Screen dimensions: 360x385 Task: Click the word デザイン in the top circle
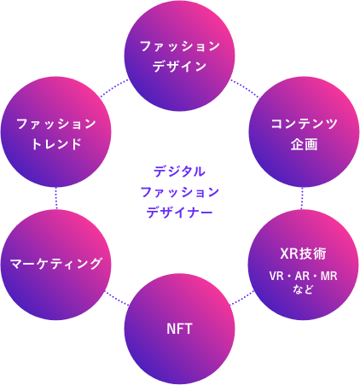click(x=179, y=67)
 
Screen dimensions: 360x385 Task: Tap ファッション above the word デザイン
click(x=180, y=46)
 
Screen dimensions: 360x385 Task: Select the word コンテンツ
click(x=304, y=124)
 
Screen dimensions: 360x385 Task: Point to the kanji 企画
click(x=304, y=144)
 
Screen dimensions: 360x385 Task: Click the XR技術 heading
click(x=304, y=254)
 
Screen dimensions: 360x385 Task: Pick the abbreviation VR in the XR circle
click(x=276, y=276)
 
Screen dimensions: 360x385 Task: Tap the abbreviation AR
click(x=303, y=276)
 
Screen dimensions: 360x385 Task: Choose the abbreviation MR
click(x=329, y=276)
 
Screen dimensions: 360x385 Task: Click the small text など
click(x=303, y=289)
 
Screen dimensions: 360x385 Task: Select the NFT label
click(x=179, y=329)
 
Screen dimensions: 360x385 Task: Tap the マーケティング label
click(x=56, y=264)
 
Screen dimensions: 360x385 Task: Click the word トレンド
click(x=56, y=144)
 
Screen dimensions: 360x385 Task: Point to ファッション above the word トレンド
click(x=56, y=124)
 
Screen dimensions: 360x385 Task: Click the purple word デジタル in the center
click(x=179, y=172)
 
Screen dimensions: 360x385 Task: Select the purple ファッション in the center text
click(x=180, y=192)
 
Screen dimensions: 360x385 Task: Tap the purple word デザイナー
click(x=179, y=213)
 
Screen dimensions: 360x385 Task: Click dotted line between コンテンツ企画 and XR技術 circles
click(x=302, y=198)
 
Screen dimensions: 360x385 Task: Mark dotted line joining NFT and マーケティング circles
click(x=117, y=298)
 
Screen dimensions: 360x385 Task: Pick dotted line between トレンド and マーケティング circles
click(x=56, y=198)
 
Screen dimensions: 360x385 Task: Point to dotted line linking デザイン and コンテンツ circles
click(x=244, y=89)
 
